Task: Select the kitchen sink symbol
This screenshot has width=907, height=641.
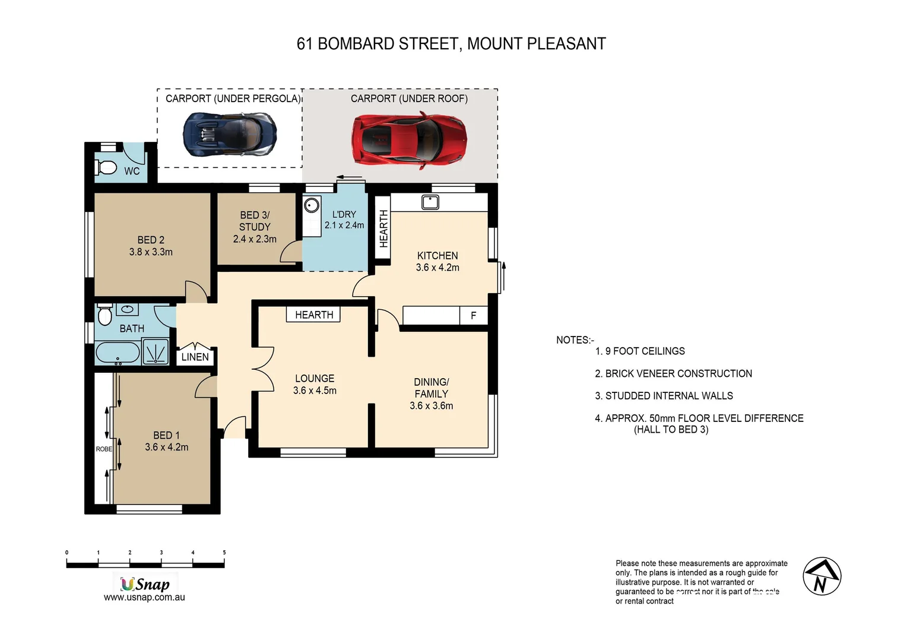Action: [x=430, y=202]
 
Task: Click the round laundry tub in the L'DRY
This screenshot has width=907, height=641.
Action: [x=312, y=206]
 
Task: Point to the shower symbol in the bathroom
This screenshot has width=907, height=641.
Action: [x=156, y=351]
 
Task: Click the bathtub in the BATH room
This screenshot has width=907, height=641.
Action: [x=118, y=353]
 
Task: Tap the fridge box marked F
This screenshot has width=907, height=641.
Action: [x=473, y=315]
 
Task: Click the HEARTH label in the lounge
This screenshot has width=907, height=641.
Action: [x=314, y=315]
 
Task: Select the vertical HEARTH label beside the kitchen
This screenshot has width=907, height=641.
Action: [x=383, y=229]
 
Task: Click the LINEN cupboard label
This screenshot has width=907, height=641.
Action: [x=195, y=357]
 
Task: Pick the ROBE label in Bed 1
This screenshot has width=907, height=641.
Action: [x=104, y=449]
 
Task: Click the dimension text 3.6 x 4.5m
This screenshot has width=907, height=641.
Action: [x=315, y=391]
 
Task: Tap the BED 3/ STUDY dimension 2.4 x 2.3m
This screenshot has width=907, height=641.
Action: [x=255, y=239]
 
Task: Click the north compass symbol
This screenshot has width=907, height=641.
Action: [x=822, y=576]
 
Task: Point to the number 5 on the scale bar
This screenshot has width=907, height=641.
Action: [x=224, y=553]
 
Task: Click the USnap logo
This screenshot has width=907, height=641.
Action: [x=145, y=584]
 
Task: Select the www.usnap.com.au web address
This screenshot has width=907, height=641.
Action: [x=144, y=598]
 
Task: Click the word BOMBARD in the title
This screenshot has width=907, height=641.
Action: [x=356, y=44]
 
